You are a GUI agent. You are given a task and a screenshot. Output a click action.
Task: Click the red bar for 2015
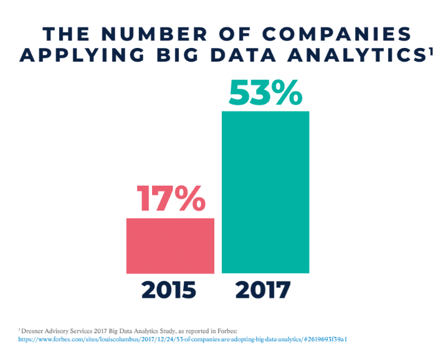[x=170, y=245]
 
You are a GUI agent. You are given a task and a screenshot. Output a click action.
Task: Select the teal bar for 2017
[x=265, y=192]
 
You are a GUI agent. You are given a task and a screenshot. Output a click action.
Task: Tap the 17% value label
[x=170, y=199]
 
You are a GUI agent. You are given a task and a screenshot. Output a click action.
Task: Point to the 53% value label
[x=265, y=93]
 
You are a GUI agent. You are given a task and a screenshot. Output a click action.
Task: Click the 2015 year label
[x=169, y=290]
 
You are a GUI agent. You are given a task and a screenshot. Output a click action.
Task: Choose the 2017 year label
[x=263, y=290]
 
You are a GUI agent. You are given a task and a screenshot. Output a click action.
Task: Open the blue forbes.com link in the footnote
[x=187, y=340]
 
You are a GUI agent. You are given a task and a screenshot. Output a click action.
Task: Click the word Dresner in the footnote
[x=34, y=331]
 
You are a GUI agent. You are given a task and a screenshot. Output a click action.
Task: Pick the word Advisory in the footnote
[x=63, y=331]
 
